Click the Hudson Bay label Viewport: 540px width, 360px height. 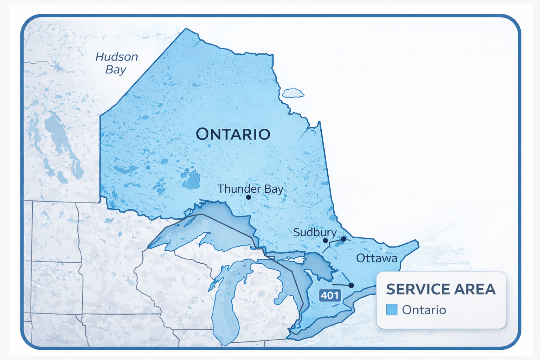pos(116,63)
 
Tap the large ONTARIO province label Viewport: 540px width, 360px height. pos(233,134)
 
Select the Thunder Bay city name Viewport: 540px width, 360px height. pos(250,189)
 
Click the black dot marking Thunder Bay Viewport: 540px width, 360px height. pos(248,197)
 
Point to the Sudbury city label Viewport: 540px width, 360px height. pos(315,232)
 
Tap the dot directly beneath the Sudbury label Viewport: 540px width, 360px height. pos(325,241)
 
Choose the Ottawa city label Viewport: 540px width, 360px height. pos(377,258)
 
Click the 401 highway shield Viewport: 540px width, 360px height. pos(330,295)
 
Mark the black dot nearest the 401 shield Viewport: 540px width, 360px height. pos(351,285)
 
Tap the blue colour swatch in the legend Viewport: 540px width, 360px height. pos(392,310)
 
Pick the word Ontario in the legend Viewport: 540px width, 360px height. pos(424,310)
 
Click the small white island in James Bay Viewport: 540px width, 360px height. pos(292,93)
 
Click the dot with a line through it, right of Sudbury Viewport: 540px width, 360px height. pos(343,239)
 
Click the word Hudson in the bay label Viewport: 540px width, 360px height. pos(117,57)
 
